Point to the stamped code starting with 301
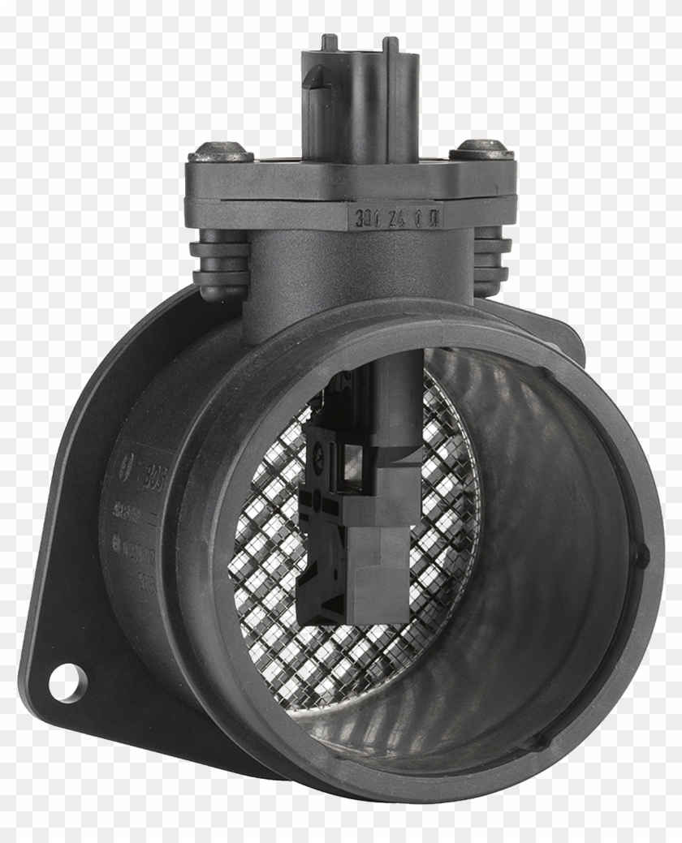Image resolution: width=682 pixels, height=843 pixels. [x=397, y=217]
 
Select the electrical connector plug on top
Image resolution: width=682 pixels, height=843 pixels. [x=361, y=101]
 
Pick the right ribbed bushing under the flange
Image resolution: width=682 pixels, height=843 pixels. [x=490, y=260]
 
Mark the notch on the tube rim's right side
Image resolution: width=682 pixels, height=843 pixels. [x=642, y=557]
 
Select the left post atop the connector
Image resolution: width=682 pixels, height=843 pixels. [x=329, y=41]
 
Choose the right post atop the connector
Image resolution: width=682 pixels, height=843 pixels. [x=391, y=45]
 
